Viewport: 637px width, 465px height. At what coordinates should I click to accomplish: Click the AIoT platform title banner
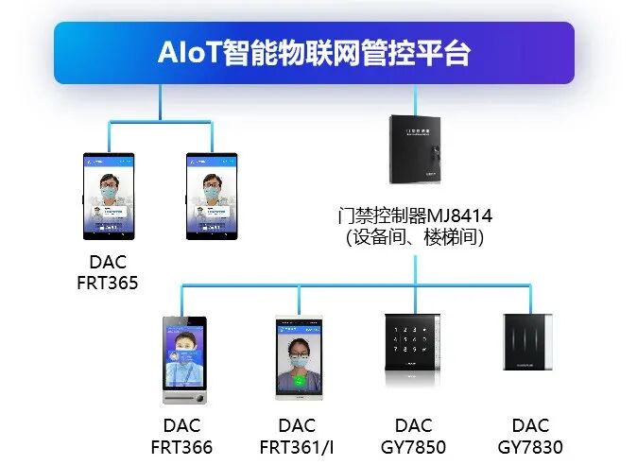coord(314,53)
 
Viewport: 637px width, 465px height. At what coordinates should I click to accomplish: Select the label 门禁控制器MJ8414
coord(414,216)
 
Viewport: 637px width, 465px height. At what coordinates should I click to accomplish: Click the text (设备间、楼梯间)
coord(414,238)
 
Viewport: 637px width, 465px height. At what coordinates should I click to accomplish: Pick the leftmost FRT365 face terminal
coord(108,196)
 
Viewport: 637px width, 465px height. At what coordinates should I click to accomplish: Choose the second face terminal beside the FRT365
coord(211,196)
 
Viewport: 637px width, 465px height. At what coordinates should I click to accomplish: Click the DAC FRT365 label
coord(108,271)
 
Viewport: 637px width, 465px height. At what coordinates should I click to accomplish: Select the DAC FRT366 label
coord(181,436)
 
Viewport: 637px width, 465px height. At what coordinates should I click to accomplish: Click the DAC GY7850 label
coord(414,436)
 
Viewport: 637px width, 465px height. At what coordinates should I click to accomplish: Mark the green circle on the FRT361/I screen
coord(299,381)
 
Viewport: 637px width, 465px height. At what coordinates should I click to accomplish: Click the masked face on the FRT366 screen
coord(184,360)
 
